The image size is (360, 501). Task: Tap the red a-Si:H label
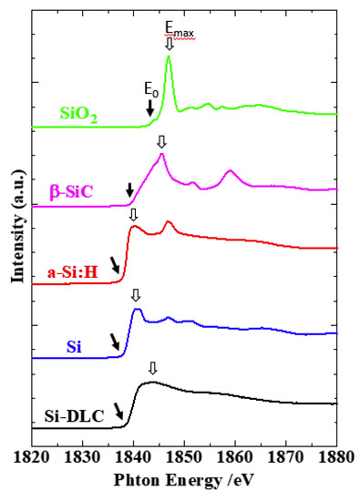tap(72, 271)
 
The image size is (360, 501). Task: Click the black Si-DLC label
tap(72, 418)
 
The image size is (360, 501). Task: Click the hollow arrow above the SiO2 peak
tap(169, 44)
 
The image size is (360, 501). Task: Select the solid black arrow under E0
tap(149, 108)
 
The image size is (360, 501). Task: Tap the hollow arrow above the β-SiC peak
tap(161, 142)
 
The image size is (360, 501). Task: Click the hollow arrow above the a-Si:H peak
tap(133, 215)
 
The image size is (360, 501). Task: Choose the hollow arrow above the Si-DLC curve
tap(152, 368)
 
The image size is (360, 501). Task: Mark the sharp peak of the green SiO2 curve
tap(169, 57)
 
